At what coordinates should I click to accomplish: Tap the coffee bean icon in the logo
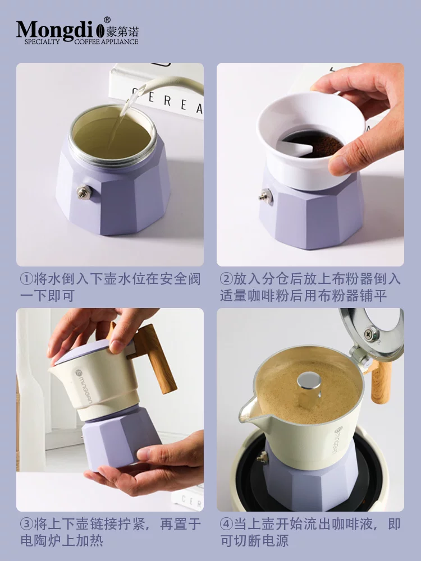[x=101, y=30]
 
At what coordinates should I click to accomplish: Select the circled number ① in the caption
[x=26, y=279]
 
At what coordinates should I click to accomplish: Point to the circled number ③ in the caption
[x=26, y=525]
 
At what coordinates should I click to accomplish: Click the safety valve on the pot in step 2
[x=264, y=196]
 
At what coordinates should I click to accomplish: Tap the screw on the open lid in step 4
[x=371, y=332]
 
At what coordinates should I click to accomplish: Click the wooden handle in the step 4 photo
[x=381, y=381]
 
